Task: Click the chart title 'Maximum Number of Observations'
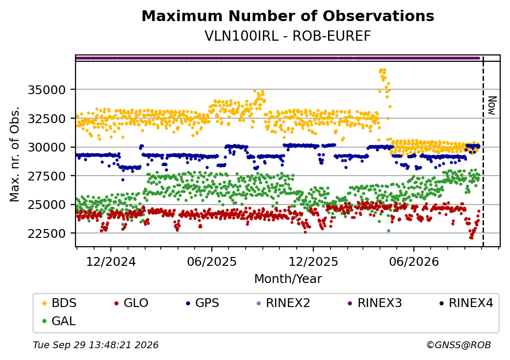288,16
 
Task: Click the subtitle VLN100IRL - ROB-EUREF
288,36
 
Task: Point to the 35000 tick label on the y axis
47,90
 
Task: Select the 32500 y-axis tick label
47,118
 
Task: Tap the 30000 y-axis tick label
47,147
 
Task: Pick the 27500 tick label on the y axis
47,176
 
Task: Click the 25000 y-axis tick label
47,205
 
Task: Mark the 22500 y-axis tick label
47,233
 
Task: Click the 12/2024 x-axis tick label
111,261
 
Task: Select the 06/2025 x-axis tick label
212,261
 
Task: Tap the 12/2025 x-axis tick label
313,261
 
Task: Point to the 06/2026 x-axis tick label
414,261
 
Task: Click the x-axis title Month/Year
288,279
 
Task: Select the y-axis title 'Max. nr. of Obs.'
15,154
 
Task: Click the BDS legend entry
59,303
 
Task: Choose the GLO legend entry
131,303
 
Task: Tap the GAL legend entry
59,321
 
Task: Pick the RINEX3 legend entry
375,303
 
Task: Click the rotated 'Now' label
492,105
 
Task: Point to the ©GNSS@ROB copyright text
459,345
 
